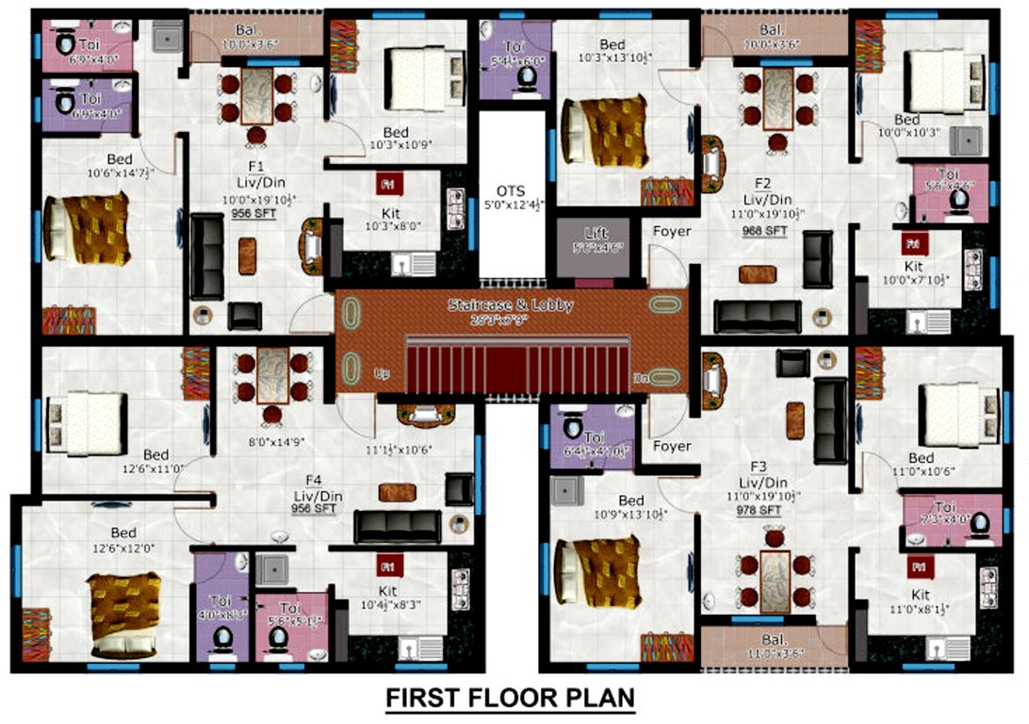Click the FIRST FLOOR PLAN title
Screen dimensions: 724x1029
tap(510, 699)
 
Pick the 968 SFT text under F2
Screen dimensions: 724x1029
tap(765, 230)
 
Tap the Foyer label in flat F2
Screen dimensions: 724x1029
tap(672, 231)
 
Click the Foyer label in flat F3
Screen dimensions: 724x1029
tap(672, 446)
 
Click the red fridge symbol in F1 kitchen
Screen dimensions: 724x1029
tap(387, 182)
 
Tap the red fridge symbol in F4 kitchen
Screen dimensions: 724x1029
tap(387, 567)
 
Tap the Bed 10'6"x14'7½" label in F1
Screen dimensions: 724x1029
tap(120, 166)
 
